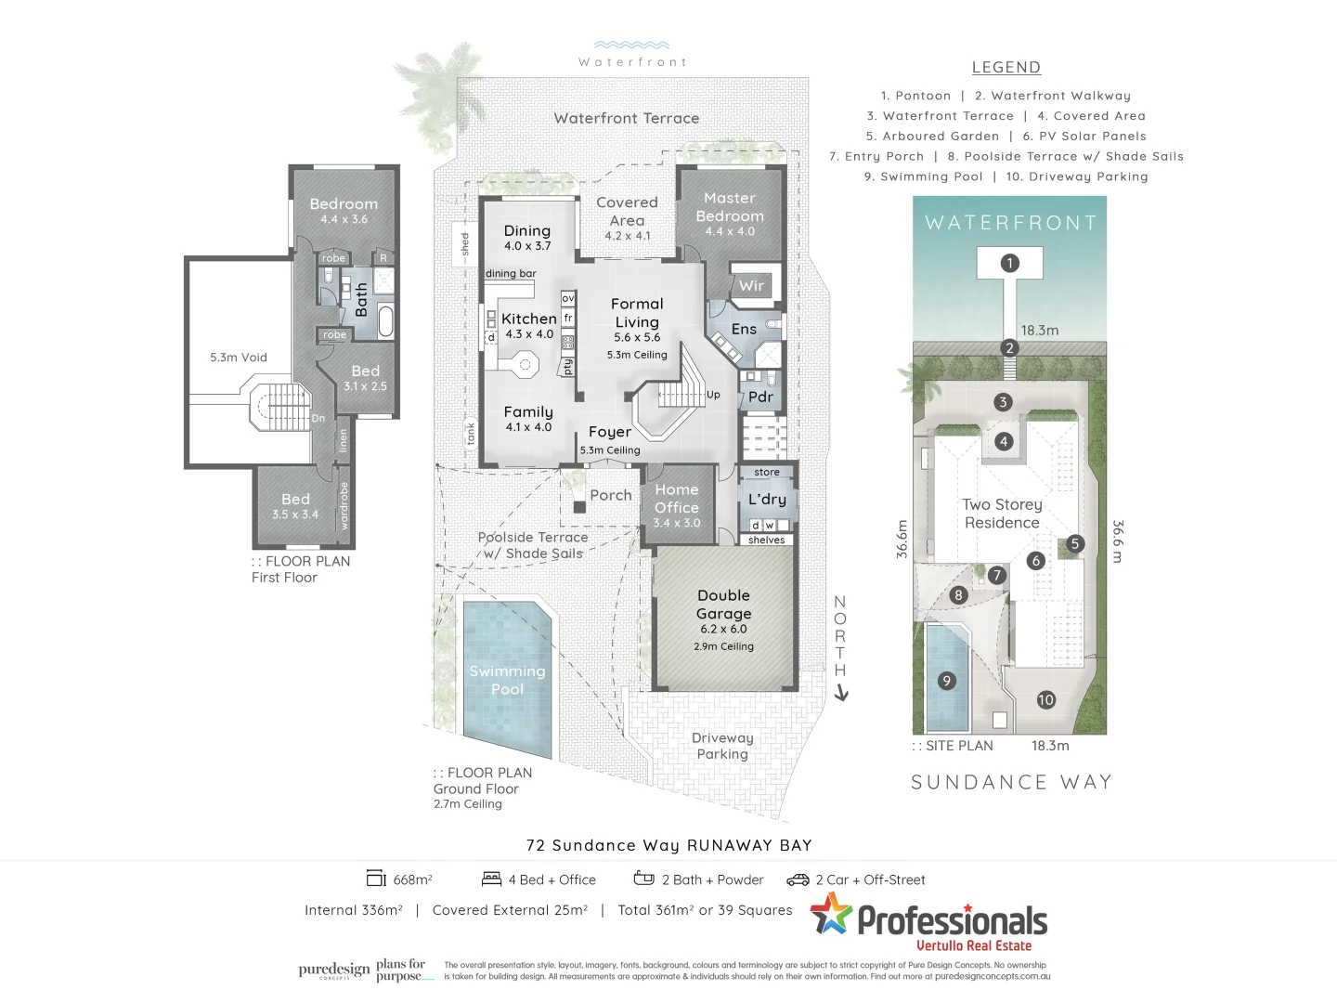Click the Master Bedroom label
click(730, 207)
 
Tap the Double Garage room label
click(723, 605)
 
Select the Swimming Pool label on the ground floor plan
click(507, 680)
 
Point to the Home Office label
click(677, 499)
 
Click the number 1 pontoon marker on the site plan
click(1010, 263)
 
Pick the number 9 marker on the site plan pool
click(947, 681)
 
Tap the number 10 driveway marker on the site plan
click(1046, 700)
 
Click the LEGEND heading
click(1006, 67)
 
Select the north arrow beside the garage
click(841, 692)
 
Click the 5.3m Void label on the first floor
click(238, 358)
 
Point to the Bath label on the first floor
click(362, 301)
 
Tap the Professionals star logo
click(831, 914)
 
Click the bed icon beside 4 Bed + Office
click(491, 879)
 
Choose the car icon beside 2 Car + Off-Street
click(798, 879)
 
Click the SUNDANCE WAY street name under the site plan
click(1011, 782)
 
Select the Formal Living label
click(637, 313)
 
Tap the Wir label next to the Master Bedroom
click(751, 286)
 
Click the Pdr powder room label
click(760, 397)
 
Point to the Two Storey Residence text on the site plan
click(1002, 514)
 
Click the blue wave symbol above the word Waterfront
click(631, 45)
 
